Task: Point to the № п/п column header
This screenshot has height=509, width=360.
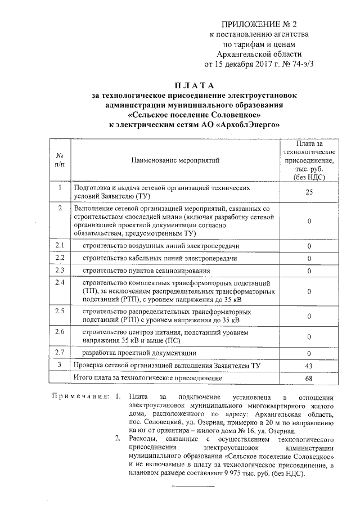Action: (x=60, y=160)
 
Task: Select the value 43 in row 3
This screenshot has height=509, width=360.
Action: (x=309, y=366)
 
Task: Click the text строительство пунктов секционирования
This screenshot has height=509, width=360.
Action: (x=146, y=271)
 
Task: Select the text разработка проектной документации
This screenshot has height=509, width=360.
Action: (x=139, y=353)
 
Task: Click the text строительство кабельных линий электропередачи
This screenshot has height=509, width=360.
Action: (x=160, y=259)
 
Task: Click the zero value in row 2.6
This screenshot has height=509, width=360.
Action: (x=309, y=337)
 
